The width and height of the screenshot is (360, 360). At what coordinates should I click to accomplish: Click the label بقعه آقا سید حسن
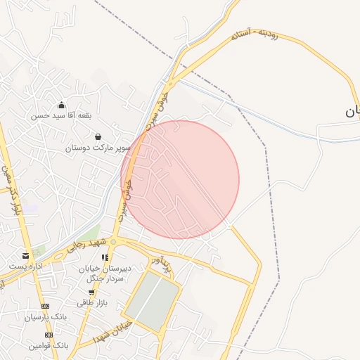[61, 115]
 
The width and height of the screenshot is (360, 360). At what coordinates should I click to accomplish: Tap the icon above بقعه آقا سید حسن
[61, 105]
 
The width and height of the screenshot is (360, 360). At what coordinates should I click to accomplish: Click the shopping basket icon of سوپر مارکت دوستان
[97, 136]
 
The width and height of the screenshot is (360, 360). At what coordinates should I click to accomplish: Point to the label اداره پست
[27, 266]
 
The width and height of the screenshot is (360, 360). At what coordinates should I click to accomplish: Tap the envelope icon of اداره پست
[26, 256]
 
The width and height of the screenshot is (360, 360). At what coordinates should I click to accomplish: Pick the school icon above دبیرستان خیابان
[105, 258]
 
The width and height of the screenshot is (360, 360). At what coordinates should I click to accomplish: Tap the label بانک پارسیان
[46, 317]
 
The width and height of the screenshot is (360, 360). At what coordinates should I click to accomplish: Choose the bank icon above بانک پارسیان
[46, 307]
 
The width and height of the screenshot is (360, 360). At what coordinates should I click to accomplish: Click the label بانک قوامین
[49, 346]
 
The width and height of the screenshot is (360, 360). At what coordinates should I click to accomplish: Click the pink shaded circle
[180, 180]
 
